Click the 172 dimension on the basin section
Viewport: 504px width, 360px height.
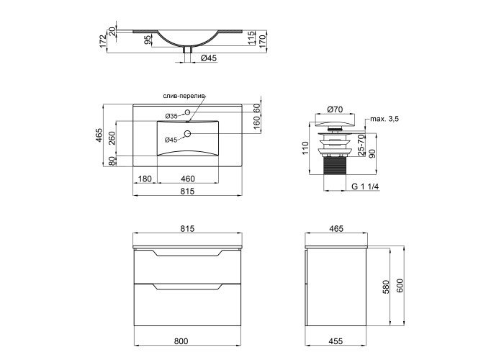(x=103, y=41)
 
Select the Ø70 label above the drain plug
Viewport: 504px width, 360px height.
(x=336, y=109)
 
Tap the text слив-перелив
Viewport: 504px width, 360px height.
(x=184, y=96)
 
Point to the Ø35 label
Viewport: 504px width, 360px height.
(x=171, y=116)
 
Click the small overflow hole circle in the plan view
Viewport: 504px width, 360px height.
(x=188, y=112)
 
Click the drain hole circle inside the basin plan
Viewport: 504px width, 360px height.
(x=188, y=133)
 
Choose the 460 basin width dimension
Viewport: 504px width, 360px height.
(x=188, y=179)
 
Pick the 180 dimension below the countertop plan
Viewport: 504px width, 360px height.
(x=145, y=179)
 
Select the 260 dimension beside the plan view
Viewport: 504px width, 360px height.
(x=112, y=138)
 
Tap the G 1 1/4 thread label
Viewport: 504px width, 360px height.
(x=366, y=186)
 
